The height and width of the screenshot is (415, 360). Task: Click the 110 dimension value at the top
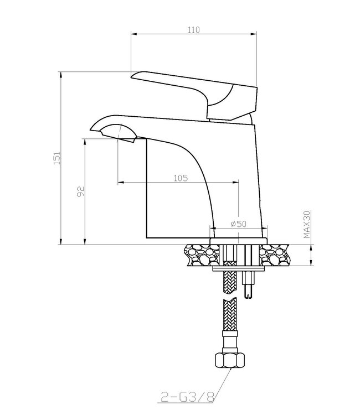coord(194,30)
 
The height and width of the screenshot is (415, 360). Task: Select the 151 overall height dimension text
coord(57,158)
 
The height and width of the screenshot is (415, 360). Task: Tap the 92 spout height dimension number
coord(80,191)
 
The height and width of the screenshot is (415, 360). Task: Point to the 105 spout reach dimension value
coord(181,178)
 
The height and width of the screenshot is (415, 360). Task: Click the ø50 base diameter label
coord(238,224)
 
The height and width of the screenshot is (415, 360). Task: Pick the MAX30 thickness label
coord(306,224)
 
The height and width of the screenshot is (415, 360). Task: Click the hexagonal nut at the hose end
coord(230,360)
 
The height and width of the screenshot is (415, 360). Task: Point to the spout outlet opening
coord(118,133)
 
